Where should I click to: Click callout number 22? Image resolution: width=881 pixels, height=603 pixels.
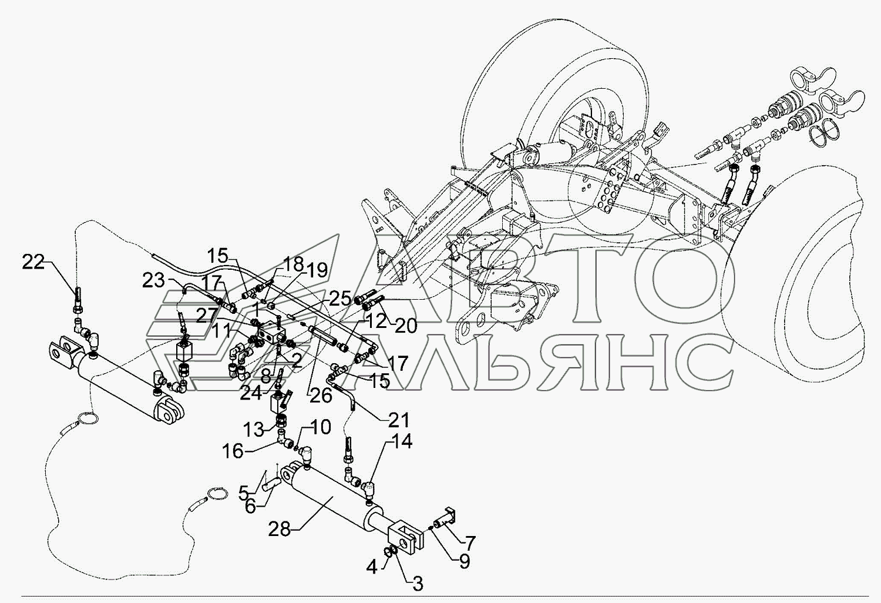pos(33,263)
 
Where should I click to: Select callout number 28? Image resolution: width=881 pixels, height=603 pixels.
pos(280,530)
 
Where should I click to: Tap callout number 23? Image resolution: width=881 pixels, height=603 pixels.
pos(154,281)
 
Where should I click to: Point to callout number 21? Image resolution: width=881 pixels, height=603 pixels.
pos(398,421)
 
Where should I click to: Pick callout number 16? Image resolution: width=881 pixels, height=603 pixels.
pos(233,451)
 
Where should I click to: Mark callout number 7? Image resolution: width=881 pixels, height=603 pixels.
pos(470,542)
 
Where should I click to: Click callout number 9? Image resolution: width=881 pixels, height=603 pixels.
pos(464,562)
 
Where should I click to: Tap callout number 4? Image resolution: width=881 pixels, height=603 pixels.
pos(371,568)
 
